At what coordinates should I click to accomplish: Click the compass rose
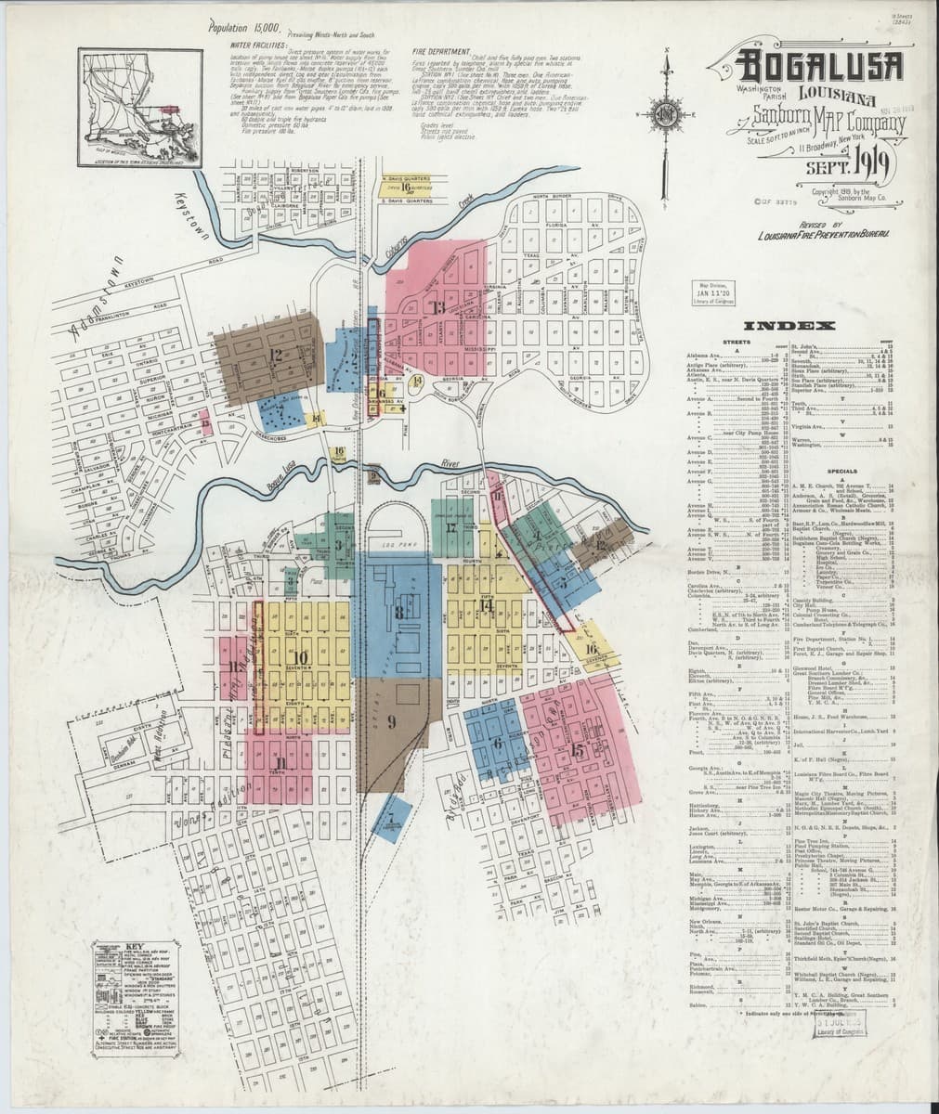[667, 114]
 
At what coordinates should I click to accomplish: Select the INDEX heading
[801, 326]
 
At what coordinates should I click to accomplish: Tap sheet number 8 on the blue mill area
[399, 612]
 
